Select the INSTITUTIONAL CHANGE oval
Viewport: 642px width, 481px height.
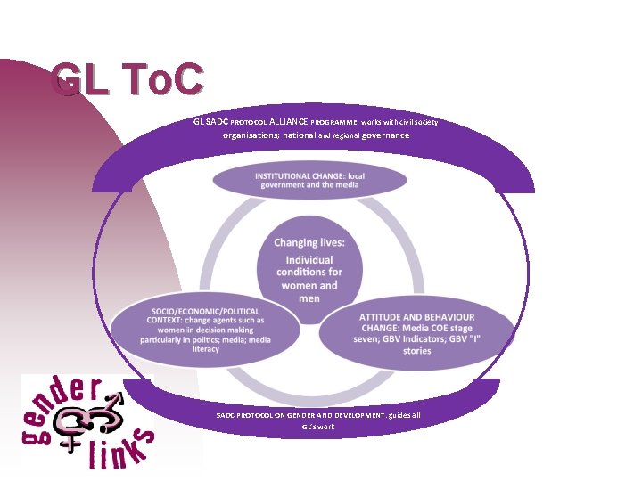coord(309,181)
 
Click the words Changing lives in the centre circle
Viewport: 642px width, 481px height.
coord(309,242)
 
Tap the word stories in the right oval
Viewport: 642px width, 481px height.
coord(416,351)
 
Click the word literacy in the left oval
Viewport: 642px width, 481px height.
coord(206,349)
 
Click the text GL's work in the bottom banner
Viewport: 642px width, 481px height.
coord(318,427)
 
